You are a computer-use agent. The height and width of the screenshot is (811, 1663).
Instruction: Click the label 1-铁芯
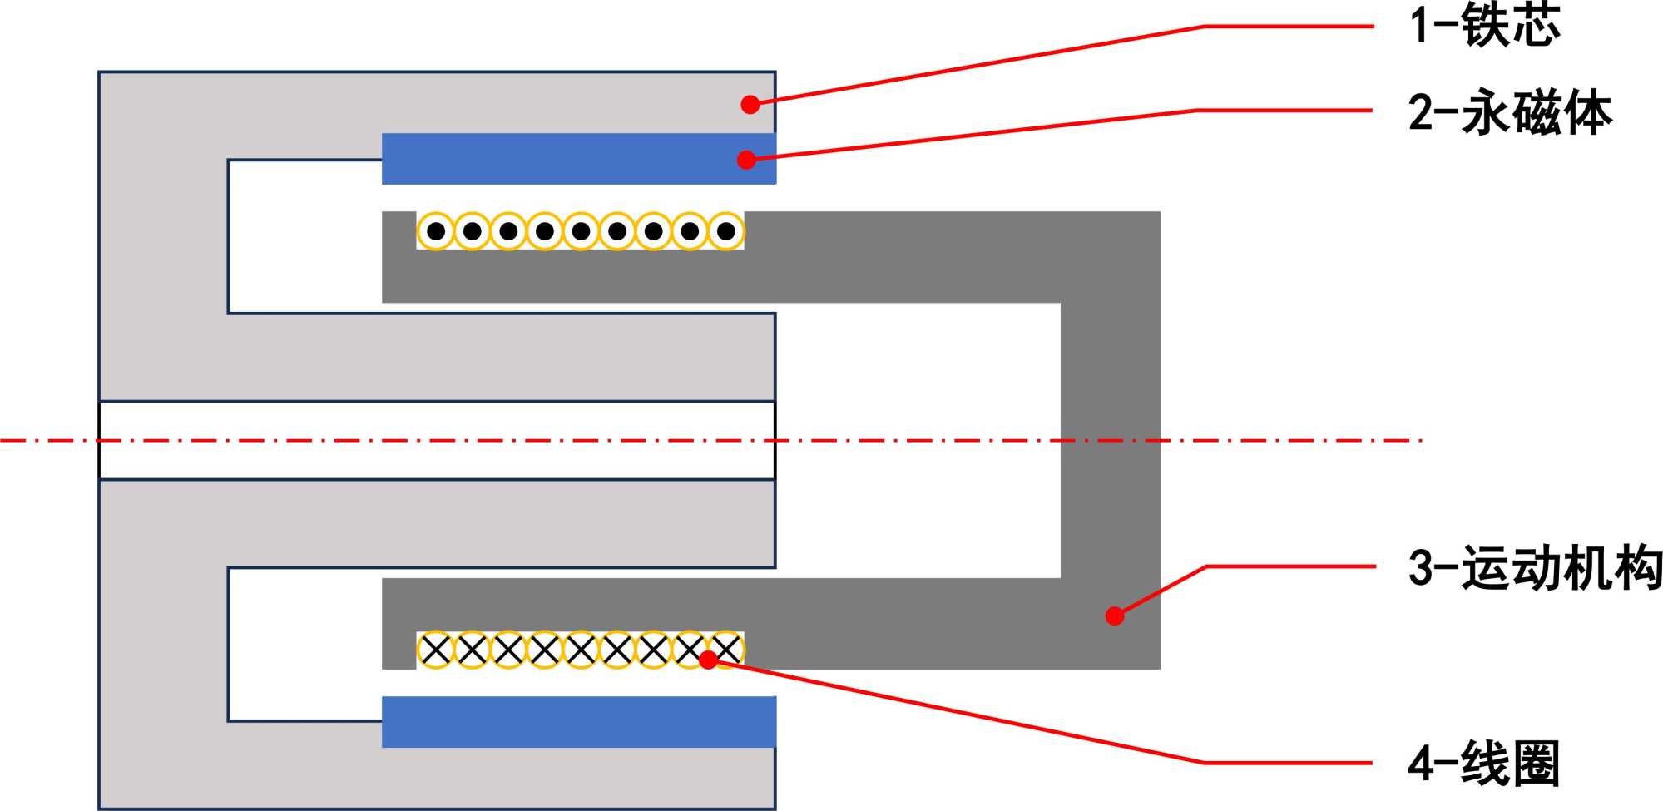(x=1484, y=25)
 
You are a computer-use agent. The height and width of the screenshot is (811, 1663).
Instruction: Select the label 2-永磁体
(x=1509, y=112)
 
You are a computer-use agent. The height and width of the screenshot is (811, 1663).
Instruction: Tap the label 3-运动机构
(x=1534, y=569)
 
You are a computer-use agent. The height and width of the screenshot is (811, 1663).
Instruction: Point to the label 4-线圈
(x=1482, y=763)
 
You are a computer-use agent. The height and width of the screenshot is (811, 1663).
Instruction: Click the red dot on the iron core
(x=750, y=104)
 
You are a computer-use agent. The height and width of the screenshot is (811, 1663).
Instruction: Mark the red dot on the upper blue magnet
(x=746, y=159)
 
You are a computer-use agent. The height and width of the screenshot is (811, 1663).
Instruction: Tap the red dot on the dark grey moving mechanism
(x=1115, y=616)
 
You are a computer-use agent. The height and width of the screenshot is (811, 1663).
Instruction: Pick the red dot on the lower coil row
(x=708, y=660)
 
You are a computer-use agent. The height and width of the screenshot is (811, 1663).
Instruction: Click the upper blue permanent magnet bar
(x=566, y=159)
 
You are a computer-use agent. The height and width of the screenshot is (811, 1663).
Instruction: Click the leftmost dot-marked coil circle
(x=435, y=231)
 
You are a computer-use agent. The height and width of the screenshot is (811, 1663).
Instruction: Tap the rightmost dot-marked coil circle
(x=725, y=231)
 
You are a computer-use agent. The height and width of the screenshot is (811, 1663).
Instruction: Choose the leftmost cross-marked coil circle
(x=435, y=650)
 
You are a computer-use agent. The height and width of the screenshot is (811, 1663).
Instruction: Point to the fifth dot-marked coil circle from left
(x=581, y=231)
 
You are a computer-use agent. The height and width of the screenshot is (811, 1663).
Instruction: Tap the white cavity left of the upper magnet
(x=304, y=236)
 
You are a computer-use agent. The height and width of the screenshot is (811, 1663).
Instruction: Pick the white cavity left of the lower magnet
(x=304, y=644)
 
